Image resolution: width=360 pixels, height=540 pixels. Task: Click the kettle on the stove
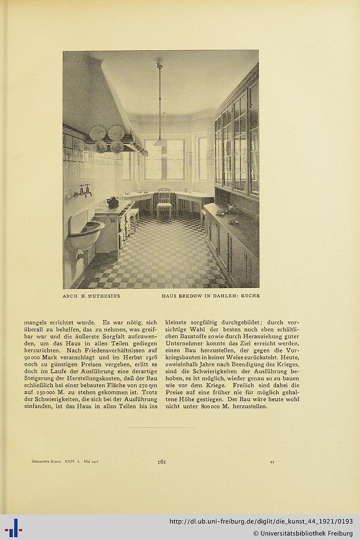tap(112, 202)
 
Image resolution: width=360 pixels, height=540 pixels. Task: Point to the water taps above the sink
tap(84, 191)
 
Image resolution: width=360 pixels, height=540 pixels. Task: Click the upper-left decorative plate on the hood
tap(98, 133)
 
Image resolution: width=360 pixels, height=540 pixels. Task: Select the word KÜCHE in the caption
tap(250, 296)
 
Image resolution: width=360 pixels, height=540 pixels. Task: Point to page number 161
tap(162, 461)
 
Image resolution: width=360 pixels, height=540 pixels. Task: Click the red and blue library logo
tap(13, 527)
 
